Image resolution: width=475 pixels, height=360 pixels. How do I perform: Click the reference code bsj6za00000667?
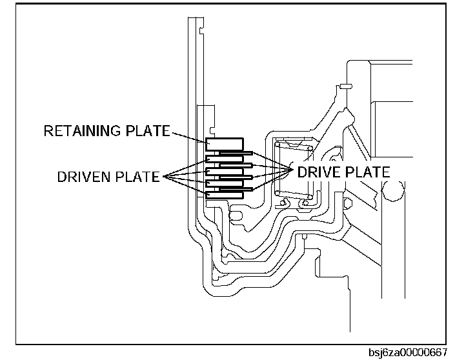[x=408, y=352]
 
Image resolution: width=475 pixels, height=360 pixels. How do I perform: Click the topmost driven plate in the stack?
[x=224, y=159]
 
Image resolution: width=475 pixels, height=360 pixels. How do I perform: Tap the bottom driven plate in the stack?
[x=224, y=194]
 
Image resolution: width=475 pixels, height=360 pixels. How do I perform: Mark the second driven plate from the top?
[x=224, y=171]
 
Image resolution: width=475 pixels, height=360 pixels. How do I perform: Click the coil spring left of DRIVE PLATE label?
[x=294, y=171]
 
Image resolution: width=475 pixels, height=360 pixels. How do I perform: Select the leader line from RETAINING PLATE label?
[x=188, y=135]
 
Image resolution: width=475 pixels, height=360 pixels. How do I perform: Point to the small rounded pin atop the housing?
[x=345, y=86]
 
